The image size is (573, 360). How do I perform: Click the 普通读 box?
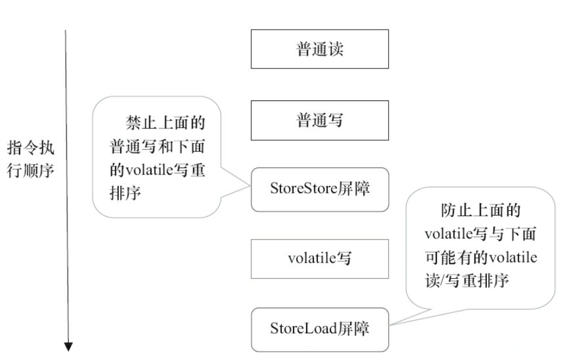[320, 49]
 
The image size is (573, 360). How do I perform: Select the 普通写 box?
[320, 121]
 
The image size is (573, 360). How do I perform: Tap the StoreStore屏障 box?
[320, 190]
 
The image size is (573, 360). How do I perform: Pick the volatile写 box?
[320, 259]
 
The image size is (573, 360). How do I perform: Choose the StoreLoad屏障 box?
[320, 329]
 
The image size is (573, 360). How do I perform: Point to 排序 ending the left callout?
[125, 193]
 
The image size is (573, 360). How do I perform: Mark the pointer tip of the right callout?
[390, 325]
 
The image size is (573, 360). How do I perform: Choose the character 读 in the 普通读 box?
[336, 49]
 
